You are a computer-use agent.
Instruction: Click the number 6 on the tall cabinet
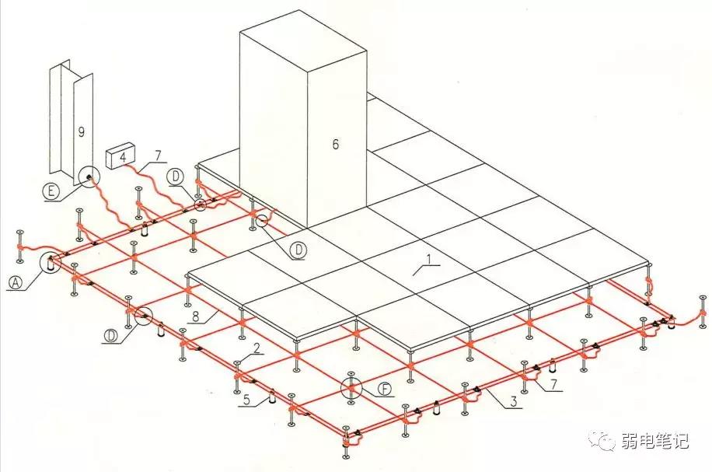[x=336, y=145]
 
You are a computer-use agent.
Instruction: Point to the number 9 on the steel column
[x=82, y=132]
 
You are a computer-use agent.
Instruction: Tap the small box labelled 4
[x=121, y=156]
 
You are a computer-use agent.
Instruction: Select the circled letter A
[x=16, y=283]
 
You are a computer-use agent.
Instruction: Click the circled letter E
[x=51, y=191]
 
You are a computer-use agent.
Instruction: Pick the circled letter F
[x=386, y=390]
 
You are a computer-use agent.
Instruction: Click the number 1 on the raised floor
[x=428, y=260]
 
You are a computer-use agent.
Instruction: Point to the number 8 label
[x=196, y=316]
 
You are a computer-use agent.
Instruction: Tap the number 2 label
[x=257, y=348]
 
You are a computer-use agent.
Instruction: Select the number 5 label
[x=246, y=400]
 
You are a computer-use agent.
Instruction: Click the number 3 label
[x=514, y=401]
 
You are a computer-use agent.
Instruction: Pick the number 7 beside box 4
[x=158, y=156]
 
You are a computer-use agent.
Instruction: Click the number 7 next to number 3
[x=553, y=384]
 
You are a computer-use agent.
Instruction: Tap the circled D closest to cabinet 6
[x=298, y=250]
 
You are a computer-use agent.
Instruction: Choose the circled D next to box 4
[x=175, y=177]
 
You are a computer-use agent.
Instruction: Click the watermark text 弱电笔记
[x=654, y=440]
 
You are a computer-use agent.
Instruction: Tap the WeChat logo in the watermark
[x=603, y=439]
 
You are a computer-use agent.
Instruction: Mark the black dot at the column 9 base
[x=88, y=177]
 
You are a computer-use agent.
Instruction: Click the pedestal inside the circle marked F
[x=351, y=387]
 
